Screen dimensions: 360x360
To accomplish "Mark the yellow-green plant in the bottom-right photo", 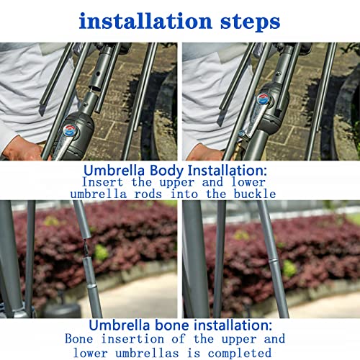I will click(x=289, y=268).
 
